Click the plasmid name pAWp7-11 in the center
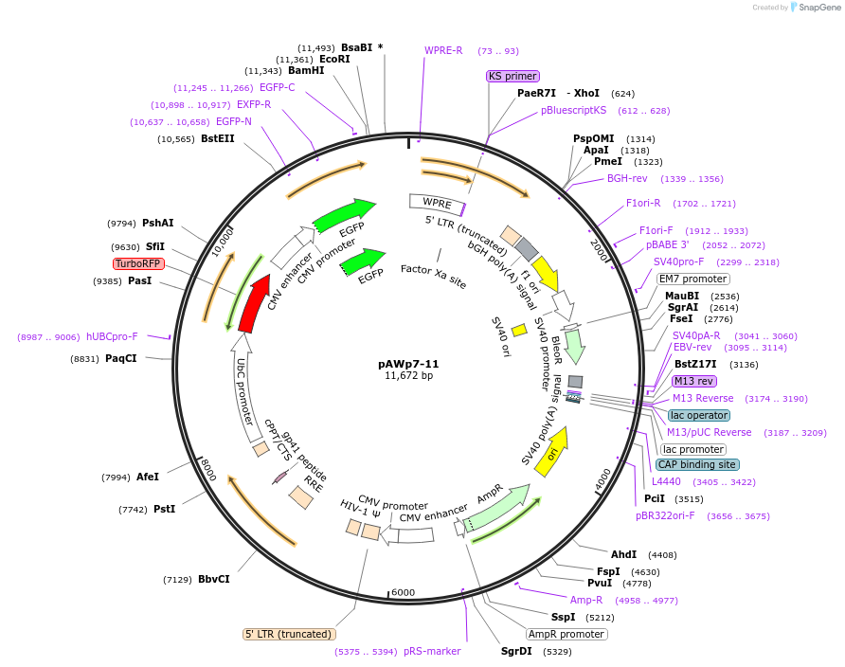click(x=408, y=364)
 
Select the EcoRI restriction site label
click(x=334, y=59)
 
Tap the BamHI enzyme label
click(x=306, y=70)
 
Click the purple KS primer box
click(x=512, y=76)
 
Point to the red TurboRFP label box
click(x=138, y=263)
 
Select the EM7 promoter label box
click(x=693, y=279)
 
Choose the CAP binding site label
click(x=696, y=464)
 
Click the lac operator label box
click(x=699, y=415)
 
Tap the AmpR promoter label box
click(x=566, y=634)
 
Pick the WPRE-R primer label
click(x=443, y=51)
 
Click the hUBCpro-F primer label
click(x=112, y=336)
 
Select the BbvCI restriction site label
click(x=213, y=580)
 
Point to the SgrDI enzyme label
click(x=516, y=651)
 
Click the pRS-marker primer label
click(x=432, y=651)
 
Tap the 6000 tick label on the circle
click(x=404, y=592)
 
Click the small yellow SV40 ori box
click(x=519, y=330)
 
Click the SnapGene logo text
click(x=816, y=7)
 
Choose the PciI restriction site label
click(x=655, y=498)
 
